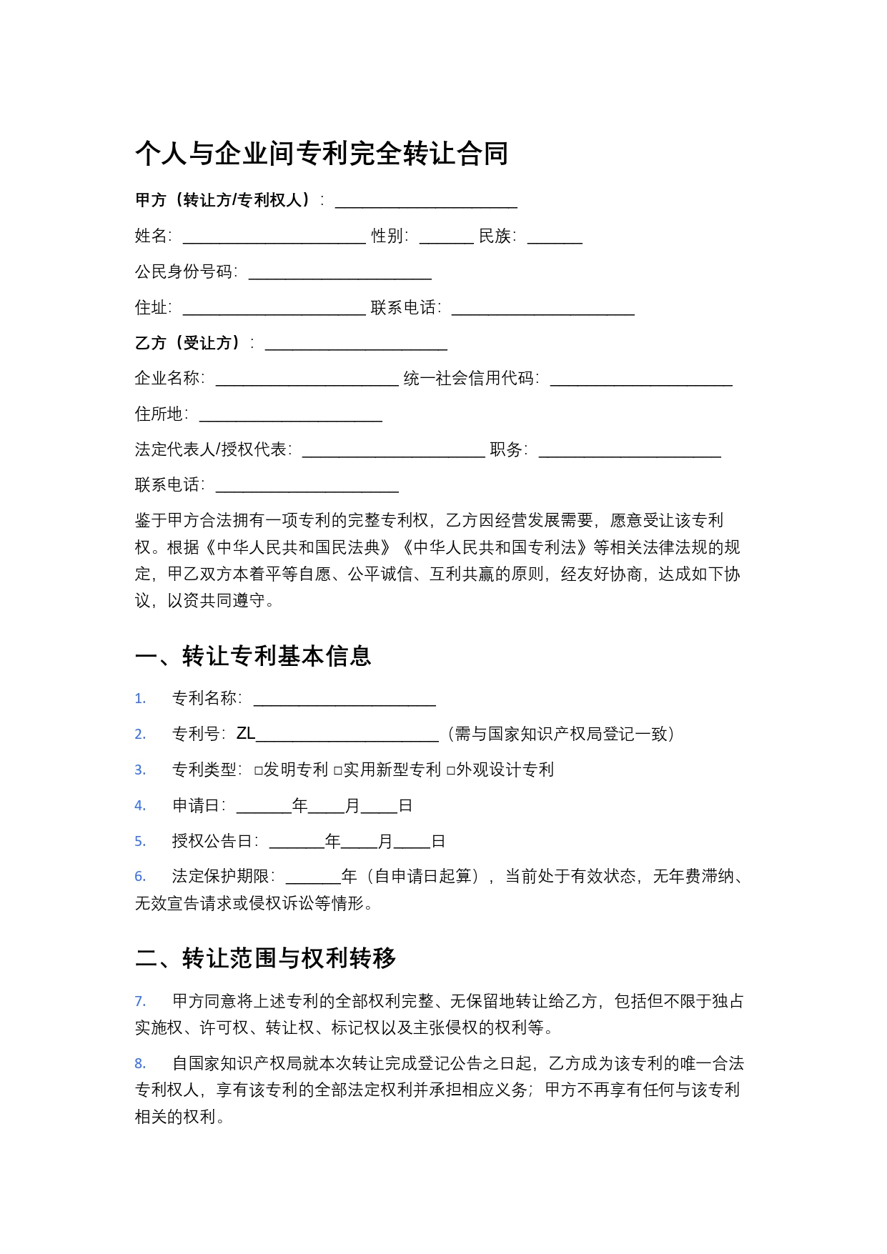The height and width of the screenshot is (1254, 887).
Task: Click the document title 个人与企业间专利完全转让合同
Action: pos(322,154)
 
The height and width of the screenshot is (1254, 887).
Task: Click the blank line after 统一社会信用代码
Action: pos(641,380)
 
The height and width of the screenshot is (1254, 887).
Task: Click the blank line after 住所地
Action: pos(290,416)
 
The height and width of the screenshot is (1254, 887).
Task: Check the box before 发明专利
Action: pos(259,770)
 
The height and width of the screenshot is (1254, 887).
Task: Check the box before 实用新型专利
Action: pos(338,770)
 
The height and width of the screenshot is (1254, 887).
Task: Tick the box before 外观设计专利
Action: pos(450,770)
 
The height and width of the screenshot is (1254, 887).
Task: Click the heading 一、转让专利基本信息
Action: pos(253,656)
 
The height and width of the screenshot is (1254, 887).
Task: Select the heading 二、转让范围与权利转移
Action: pos(265,958)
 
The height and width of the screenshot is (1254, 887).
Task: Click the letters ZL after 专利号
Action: pos(245,734)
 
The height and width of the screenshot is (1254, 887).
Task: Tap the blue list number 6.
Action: pos(140,877)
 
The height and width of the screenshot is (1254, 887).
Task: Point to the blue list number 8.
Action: pos(140,1064)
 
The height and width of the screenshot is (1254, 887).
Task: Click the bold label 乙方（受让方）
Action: pos(187,343)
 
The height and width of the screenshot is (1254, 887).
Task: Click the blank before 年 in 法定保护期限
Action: pos(313,878)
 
